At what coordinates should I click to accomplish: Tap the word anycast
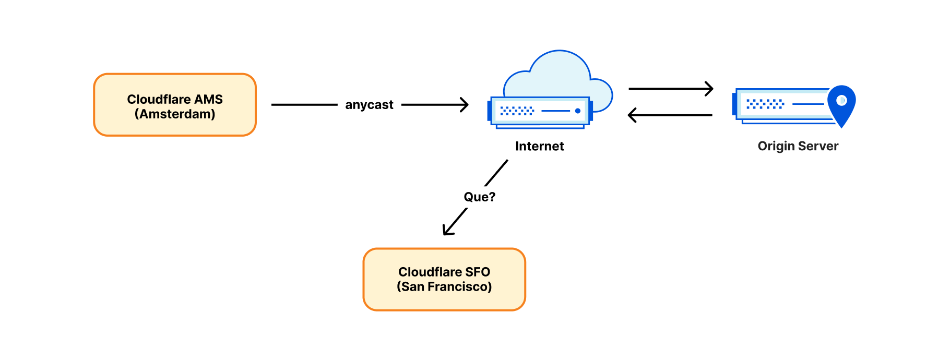pos(369,105)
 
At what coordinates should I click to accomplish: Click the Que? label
pos(479,197)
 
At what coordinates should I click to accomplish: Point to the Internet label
pos(539,146)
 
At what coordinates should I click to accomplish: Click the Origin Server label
pos(798,146)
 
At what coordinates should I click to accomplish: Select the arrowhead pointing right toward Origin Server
pos(709,89)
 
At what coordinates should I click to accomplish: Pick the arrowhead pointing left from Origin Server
pos(632,115)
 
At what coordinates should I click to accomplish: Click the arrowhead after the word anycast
pos(464,105)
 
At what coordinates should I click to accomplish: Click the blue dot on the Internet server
pos(578,111)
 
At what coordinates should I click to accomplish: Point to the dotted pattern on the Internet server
pos(517,111)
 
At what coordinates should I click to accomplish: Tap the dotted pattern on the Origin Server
pos(765,104)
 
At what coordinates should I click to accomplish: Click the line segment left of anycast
pos(304,105)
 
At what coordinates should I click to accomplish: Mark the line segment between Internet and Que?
pos(496,173)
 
